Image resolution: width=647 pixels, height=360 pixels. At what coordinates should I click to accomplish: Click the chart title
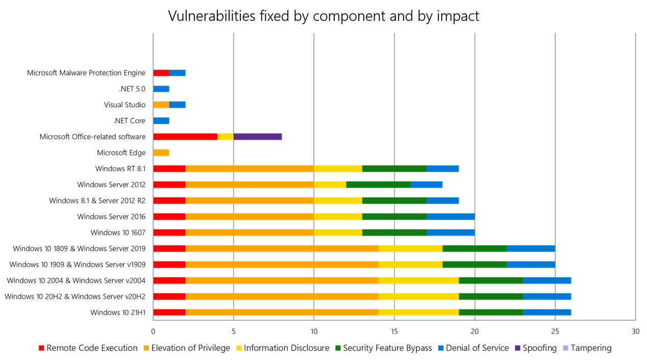coord(324,16)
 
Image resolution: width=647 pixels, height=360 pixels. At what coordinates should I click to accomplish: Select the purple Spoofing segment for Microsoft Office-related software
coord(258,137)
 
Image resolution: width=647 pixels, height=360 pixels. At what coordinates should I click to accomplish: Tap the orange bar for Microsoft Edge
coord(161,152)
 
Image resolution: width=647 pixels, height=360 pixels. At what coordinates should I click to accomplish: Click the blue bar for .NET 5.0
coord(161,89)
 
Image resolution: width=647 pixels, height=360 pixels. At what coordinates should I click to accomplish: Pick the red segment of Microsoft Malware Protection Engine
coord(161,73)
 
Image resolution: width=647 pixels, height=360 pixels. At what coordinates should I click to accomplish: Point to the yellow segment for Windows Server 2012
coord(330,185)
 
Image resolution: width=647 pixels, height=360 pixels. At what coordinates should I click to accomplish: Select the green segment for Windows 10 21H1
coord(490,312)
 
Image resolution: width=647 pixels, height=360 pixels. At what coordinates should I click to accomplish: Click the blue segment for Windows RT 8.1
coord(442,169)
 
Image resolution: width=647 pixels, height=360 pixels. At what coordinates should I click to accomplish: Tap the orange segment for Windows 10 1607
coord(250,233)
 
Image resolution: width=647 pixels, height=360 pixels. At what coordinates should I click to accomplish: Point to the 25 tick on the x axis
coord(555,330)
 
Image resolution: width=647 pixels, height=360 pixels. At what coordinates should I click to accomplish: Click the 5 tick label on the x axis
coord(234,330)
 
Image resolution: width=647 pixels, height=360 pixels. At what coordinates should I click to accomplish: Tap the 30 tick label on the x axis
coord(635,330)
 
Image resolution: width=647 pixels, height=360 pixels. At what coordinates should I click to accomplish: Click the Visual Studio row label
coord(125,105)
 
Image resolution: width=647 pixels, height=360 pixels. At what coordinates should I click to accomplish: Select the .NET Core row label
coord(129,121)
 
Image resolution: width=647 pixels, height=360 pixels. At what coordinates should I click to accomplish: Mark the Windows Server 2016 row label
coord(111,217)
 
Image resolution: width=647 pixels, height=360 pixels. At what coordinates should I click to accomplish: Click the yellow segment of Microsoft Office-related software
coord(226,137)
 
